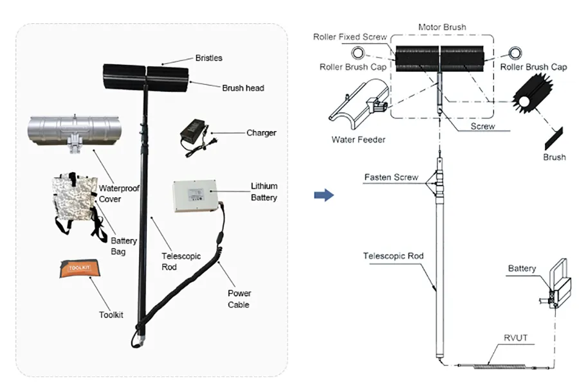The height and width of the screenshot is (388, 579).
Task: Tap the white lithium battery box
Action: point(196,197)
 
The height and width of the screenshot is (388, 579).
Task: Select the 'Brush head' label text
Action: point(243,88)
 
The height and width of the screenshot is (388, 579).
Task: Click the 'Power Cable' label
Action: point(239,299)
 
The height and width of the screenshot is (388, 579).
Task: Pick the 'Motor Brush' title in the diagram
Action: point(442,28)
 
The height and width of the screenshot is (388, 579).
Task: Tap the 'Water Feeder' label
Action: point(358,139)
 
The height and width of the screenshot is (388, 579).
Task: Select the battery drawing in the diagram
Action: point(556,283)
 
